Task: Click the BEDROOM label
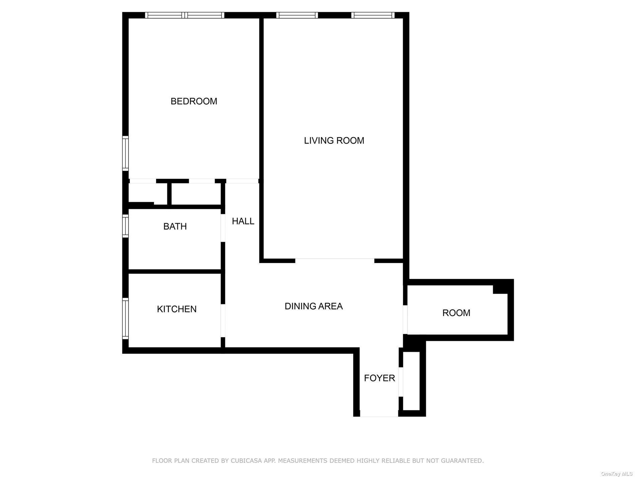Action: pyautogui.click(x=194, y=101)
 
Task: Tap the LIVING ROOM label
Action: pyautogui.click(x=334, y=141)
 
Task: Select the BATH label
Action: pyautogui.click(x=175, y=227)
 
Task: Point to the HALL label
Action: pyautogui.click(x=243, y=221)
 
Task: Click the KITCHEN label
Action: pyautogui.click(x=176, y=309)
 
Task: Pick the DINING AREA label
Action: pyautogui.click(x=313, y=306)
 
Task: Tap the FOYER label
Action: pyautogui.click(x=379, y=378)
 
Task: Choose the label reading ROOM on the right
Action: pyautogui.click(x=456, y=313)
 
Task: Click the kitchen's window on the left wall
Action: pyautogui.click(x=125, y=318)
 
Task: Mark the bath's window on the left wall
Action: pyautogui.click(x=125, y=226)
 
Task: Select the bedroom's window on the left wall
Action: pyautogui.click(x=125, y=153)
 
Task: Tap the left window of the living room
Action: pyautogui.click(x=297, y=15)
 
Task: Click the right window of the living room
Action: pyautogui.click(x=373, y=15)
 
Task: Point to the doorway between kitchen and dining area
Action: pyautogui.click(x=223, y=320)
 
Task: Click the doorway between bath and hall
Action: pyautogui.click(x=223, y=228)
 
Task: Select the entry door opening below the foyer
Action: pyautogui.click(x=379, y=416)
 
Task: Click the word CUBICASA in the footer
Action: pyautogui.click(x=244, y=461)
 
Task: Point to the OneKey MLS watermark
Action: pyautogui.click(x=616, y=474)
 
